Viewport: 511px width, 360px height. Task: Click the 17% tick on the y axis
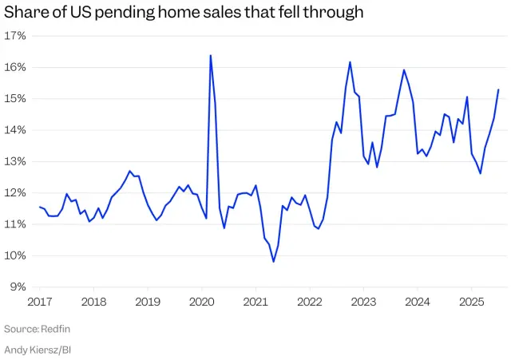[x=15, y=36]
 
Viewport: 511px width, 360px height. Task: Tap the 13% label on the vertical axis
[x=15, y=161]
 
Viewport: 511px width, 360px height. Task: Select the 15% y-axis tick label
[x=15, y=99]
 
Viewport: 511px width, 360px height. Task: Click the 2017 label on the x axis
[x=40, y=303]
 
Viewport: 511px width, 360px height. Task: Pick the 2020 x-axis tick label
[x=201, y=303]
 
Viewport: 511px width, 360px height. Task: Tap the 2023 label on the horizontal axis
[x=363, y=303]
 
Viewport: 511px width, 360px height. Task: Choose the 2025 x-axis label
[x=471, y=303]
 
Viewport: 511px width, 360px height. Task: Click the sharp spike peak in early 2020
[x=210, y=55]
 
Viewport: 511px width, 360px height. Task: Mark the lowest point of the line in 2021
[x=274, y=262]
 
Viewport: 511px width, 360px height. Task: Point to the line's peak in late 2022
[x=350, y=62]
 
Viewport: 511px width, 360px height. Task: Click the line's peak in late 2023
[x=404, y=70]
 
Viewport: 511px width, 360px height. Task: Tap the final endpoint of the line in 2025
[x=498, y=89]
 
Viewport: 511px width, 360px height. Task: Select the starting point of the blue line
[x=39, y=207]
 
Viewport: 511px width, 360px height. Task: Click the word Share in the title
[x=25, y=12]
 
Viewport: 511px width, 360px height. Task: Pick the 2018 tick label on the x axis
[x=94, y=303]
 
